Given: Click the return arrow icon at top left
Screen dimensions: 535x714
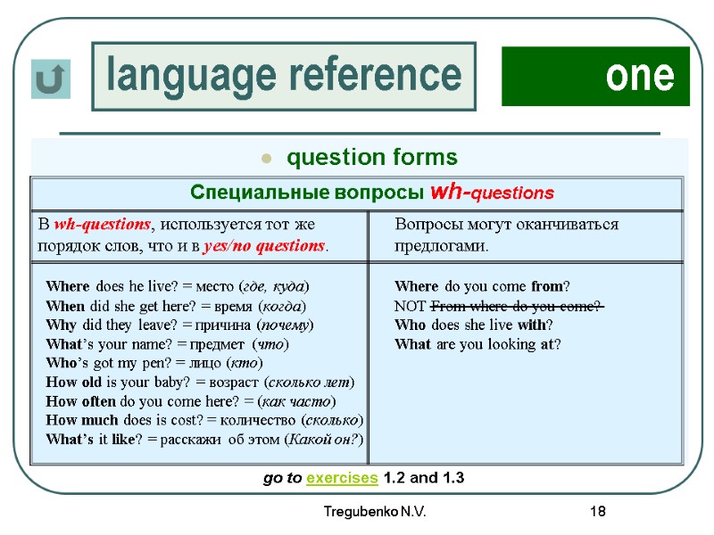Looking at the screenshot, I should point(50,79).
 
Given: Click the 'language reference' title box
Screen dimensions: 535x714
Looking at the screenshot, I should point(284,76).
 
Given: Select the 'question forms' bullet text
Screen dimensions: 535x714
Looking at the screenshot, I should point(371,158).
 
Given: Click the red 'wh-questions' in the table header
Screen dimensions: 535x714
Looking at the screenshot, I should point(492,193).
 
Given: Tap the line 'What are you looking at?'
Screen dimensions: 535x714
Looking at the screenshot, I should point(477,344).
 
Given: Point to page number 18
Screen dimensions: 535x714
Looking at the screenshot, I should point(597,512).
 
